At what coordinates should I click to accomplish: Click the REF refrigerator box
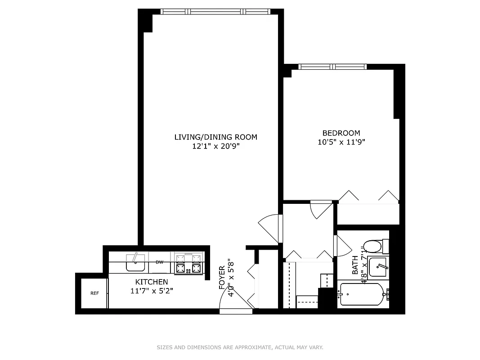(x=94, y=293)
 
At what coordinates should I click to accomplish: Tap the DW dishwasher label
(x=159, y=262)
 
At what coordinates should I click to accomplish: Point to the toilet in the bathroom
(x=373, y=247)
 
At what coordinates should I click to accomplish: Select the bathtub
(x=363, y=295)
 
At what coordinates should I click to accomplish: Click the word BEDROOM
(x=341, y=133)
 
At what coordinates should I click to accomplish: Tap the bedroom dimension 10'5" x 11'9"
(x=341, y=142)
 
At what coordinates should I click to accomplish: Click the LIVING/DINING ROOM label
(x=216, y=137)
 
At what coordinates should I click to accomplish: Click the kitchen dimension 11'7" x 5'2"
(x=152, y=291)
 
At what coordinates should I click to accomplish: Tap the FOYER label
(x=222, y=279)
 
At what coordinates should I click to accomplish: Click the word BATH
(x=355, y=265)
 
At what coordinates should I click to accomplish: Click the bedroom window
(x=333, y=67)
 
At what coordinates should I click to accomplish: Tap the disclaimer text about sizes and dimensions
(x=240, y=347)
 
